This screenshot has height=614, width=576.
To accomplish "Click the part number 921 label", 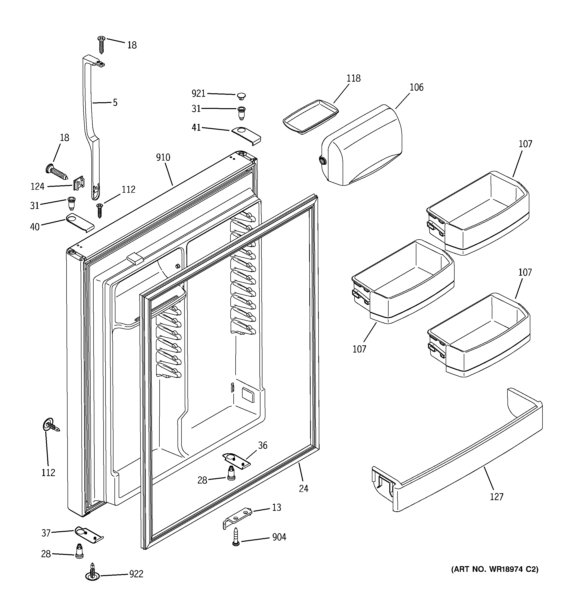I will click(x=198, y=93).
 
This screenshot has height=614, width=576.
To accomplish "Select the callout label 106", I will click(x=416, y=87).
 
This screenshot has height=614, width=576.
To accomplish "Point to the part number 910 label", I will click(x=163, y=158).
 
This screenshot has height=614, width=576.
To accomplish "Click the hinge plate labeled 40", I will click(x=79, y=222).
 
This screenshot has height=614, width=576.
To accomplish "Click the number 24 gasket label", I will click(x=304, y=488).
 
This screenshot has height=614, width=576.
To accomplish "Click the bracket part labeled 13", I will click(x=237, y=518).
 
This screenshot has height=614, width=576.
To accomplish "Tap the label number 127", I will click(x=497, y=497).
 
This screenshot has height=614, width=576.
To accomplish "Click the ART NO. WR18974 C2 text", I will click(x=495, y=569).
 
